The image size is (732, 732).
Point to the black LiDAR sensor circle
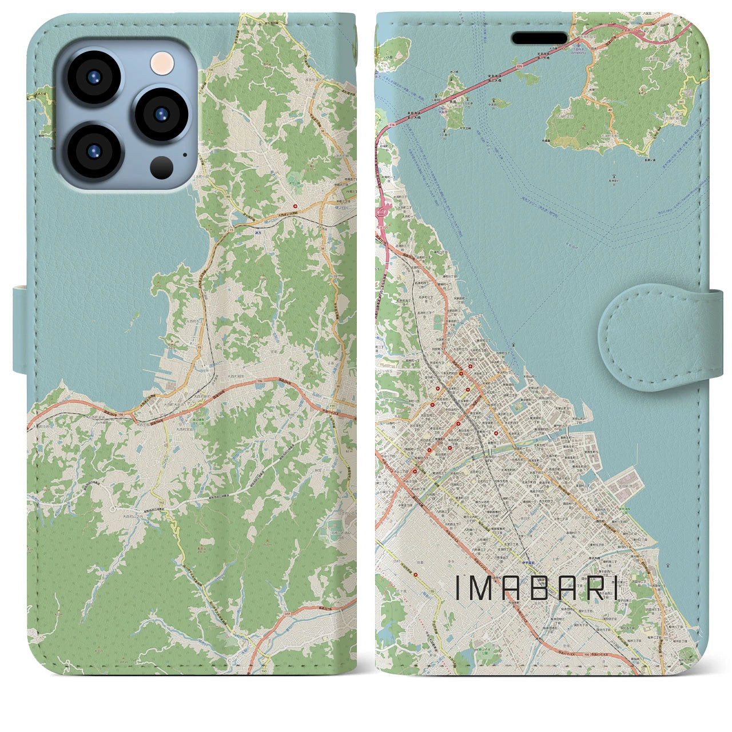pyautogui.click(x=162, y=167)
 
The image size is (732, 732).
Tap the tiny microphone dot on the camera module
pyautogui.click(x=185, y=154)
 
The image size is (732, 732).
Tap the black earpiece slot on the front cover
pyautogui.click(x=539, y=38)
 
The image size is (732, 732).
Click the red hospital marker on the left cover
pyautogui.click(x=296, y=206)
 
